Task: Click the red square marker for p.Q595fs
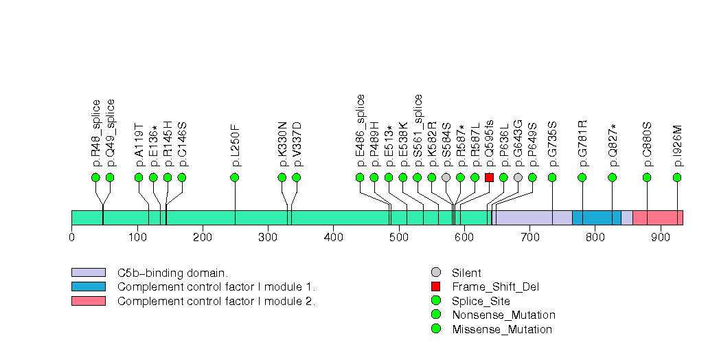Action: (489, 177)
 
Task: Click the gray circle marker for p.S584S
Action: (446, 177)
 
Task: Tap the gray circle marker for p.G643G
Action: (518, 177)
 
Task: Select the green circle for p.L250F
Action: (235, 177)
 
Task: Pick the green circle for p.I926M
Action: (677, 177)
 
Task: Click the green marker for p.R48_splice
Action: (95, 177)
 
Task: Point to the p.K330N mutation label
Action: (282, 145)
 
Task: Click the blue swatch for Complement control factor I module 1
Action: (88, 286)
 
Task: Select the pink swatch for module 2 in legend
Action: (88, 301)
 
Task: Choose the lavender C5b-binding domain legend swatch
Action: (88, 272)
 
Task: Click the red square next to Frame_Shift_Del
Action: (435, 286)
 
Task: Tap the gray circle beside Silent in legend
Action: (435, 272)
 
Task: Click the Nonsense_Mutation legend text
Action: (503, 315)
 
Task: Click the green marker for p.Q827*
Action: (612, 177)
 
